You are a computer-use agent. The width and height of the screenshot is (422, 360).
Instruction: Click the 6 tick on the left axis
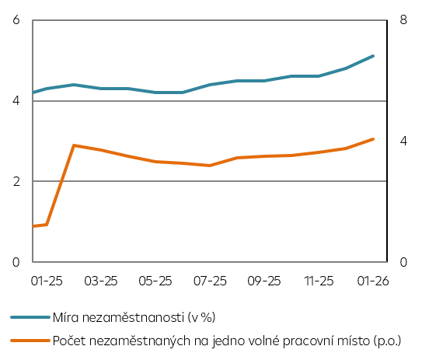(16, 20)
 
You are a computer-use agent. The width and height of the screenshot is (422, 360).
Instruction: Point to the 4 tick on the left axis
(16, 101)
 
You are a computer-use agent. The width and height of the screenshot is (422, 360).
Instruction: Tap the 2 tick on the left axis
(16, 181)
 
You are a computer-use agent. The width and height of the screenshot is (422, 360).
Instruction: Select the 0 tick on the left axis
(16, 262)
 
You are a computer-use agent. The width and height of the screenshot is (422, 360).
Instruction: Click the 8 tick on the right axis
(403, 20)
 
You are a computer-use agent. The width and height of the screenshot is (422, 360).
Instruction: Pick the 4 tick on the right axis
(403, 142)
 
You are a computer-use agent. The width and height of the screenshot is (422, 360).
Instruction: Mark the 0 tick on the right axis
(403, 262)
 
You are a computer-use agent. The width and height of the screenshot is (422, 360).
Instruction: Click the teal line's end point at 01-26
(374, 56)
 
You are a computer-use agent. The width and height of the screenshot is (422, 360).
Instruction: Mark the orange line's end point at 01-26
(374, 139)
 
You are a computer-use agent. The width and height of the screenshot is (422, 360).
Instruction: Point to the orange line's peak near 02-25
(74, 145)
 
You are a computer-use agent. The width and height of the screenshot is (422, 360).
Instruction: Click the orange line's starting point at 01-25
(33, 226)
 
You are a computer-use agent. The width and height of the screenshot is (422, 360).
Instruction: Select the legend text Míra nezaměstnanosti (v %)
(133, 317)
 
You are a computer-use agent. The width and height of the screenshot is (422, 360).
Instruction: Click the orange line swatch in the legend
(30, 341)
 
